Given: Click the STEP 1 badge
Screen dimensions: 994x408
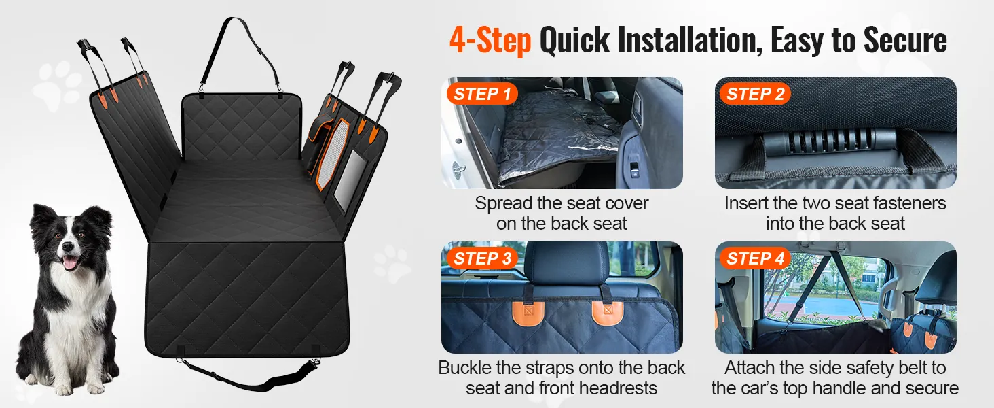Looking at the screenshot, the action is click(482, 94).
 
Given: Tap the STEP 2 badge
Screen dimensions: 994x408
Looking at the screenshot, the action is click(755, 94).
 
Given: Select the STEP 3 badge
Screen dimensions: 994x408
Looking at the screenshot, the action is click(482, 258).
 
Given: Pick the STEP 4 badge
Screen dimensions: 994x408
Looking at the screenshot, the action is click(755, 258).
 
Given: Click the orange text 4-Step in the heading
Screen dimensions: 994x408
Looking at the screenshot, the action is click(490, 41).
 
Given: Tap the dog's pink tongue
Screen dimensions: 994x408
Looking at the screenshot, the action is click(70, 263).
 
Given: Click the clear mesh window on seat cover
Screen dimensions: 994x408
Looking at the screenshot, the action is click(350, 180).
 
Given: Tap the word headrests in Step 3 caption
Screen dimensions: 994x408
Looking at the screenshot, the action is click(618, 388).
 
